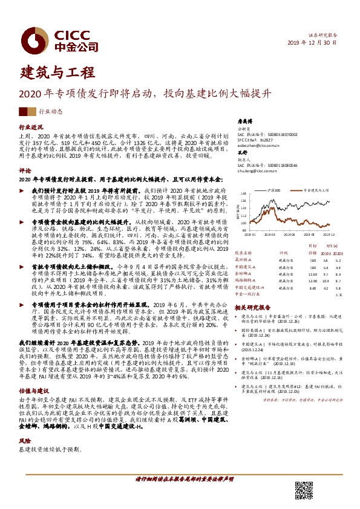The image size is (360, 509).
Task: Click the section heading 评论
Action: point(25,171)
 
